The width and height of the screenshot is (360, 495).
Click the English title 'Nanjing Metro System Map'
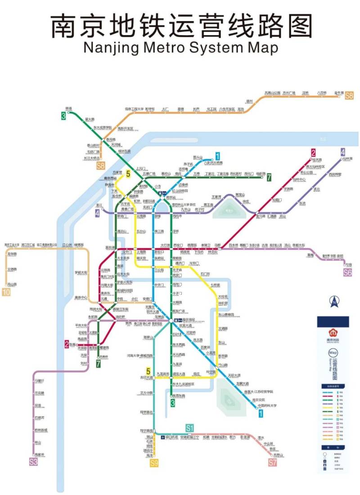tap(180, 47)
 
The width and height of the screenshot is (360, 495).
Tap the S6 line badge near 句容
tap(347, 272)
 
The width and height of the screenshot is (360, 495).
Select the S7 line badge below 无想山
tap(273, 462)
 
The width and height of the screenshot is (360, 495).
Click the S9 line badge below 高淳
tap(154, 463)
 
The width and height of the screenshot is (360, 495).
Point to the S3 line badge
tap(33, 462)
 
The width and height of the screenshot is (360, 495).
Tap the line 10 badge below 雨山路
tap(6, 292)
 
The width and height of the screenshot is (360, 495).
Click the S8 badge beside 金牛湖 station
tap(349, 95)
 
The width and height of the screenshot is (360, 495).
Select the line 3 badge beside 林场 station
tap(64, 116)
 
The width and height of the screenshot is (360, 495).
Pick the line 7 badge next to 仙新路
tap(269, 177)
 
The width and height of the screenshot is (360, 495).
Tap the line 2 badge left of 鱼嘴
tap(67, 345)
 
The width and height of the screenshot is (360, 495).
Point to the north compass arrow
tap(333, 301)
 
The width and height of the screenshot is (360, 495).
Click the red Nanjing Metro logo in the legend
tap(333, 333)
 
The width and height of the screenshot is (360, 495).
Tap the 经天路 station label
tap(317, 160)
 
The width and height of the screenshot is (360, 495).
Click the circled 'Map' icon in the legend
tap(333, 353)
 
